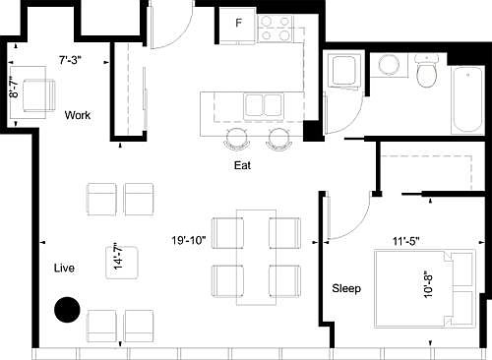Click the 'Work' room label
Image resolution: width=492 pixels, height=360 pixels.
click(x=78, y=115)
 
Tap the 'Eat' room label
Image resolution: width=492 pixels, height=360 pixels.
click(x=243, y=166)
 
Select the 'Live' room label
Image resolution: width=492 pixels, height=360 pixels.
click(x=66, y=267)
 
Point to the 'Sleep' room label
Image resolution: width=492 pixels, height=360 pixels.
click(x=345, y=289)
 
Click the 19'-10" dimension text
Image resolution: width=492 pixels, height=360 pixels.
click(x=188, y=238)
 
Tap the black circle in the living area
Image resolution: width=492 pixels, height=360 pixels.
click(x=67, y=310)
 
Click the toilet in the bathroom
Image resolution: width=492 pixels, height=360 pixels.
click(x=426, y=74)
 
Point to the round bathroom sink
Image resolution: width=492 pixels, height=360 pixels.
click(x=388, y=66)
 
